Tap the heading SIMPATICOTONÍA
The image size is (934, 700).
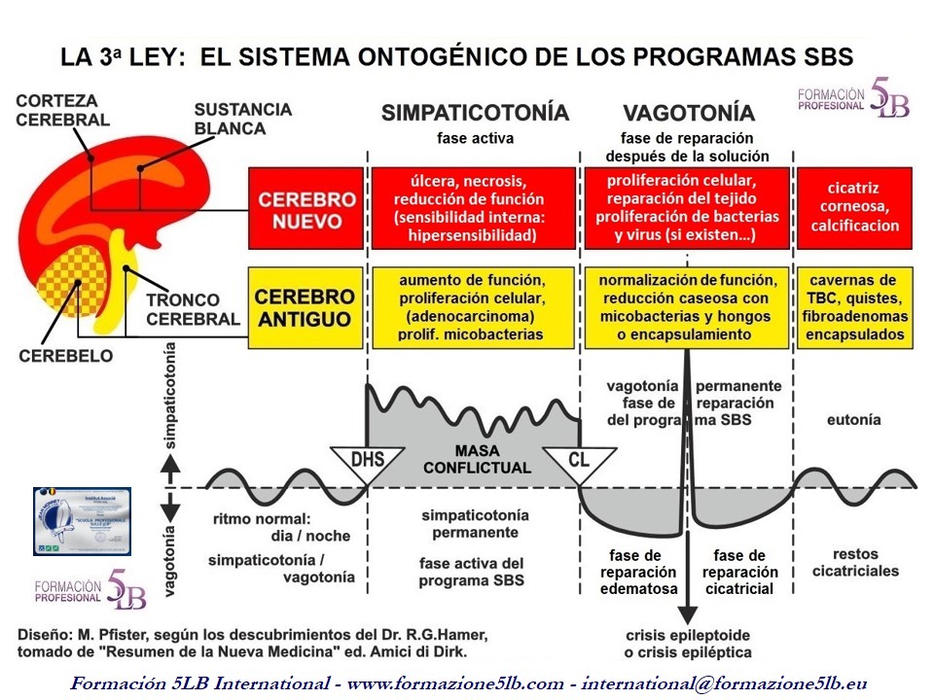(x=475, y=112)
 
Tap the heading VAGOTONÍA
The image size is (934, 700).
(x=688, y=112)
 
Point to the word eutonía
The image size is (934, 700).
(x=853, y=420)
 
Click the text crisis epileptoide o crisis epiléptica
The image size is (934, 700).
(x=687, y=643)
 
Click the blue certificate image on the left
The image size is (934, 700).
(x=82, y=521)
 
